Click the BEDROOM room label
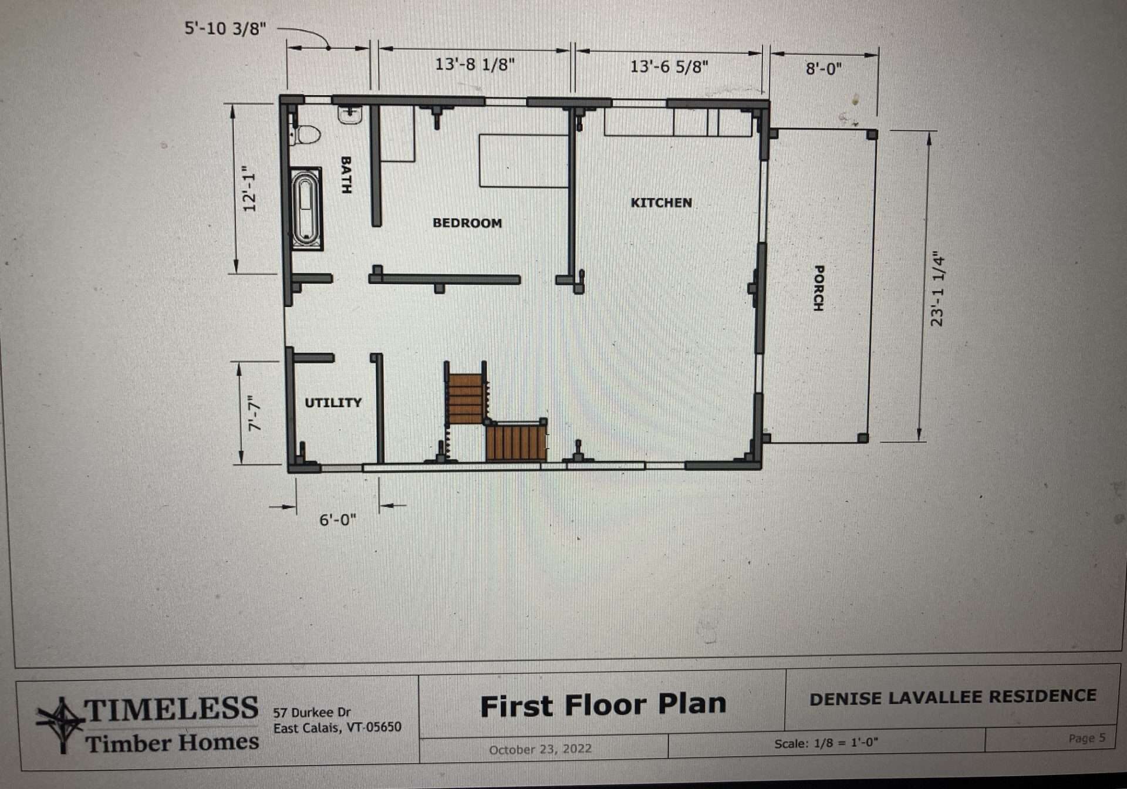pyautogui.click(x=467, y=223)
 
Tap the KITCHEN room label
pyautogui.click(x=661, y=203)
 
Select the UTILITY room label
pyautogui.click(x=333, y=403)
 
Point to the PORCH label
pyautogui.click(x=818, y=288)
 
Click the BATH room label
pyautogui.click(x=346, y=175)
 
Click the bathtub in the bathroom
pyautogui.click(x=305, y=209)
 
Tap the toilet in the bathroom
pyautogui.click(x=305, y=135)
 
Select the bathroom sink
pyautogui.click(x=350, y=114)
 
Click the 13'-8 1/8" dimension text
pyautogui.click(x=475, y=64)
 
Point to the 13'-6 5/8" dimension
pyautogui.click(x=669, y=66)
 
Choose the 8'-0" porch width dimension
pyautogui.click(x=824, y=69)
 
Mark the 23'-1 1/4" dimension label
pyautogui.click(x=938, y=289)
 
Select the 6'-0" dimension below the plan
pyautogui.click(x=338, y=520)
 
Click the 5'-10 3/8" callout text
pyautogui.click(x=225, y=28)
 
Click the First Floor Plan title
pyautogui.click(x=603, y=705)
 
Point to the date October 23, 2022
pyautogui.click(x=540, y=750)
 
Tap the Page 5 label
pyautogui.click(x=1086, y=738)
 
